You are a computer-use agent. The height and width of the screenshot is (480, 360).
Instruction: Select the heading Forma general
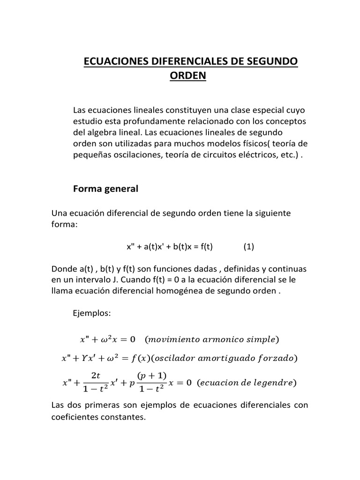pos(106,189)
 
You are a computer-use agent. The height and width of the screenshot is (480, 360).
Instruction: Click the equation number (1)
pos(248,247)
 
